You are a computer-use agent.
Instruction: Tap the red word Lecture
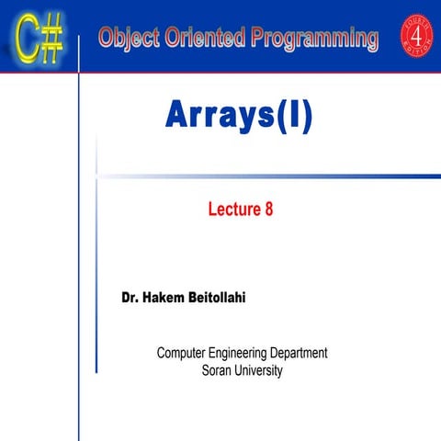click(232, 209)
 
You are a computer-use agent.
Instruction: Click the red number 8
click(268, 209)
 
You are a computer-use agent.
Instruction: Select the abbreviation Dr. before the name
click(131, 299)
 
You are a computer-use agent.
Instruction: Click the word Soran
click(217, 371)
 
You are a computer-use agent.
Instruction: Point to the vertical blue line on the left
click(81, 276)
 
